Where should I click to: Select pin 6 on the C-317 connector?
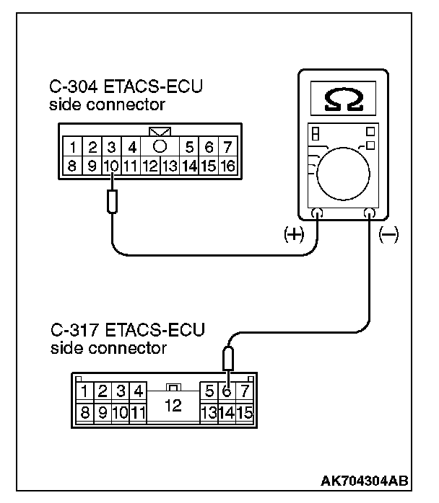(227, 392)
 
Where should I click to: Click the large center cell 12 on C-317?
(173, 404)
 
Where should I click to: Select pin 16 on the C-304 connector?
(227, 166)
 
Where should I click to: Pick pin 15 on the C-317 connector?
(244, 413)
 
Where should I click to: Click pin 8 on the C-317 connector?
(86, 413)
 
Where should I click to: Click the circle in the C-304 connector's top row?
(160, 146)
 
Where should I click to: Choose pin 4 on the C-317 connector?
(138, 392)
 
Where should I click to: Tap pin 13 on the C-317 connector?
(209, 413)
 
